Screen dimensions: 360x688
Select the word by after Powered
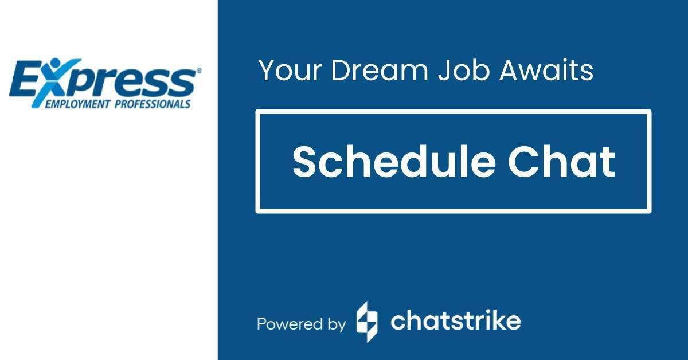335,324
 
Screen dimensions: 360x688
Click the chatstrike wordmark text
455,321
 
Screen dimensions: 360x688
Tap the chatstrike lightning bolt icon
367,322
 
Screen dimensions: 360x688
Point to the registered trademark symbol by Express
199,71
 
